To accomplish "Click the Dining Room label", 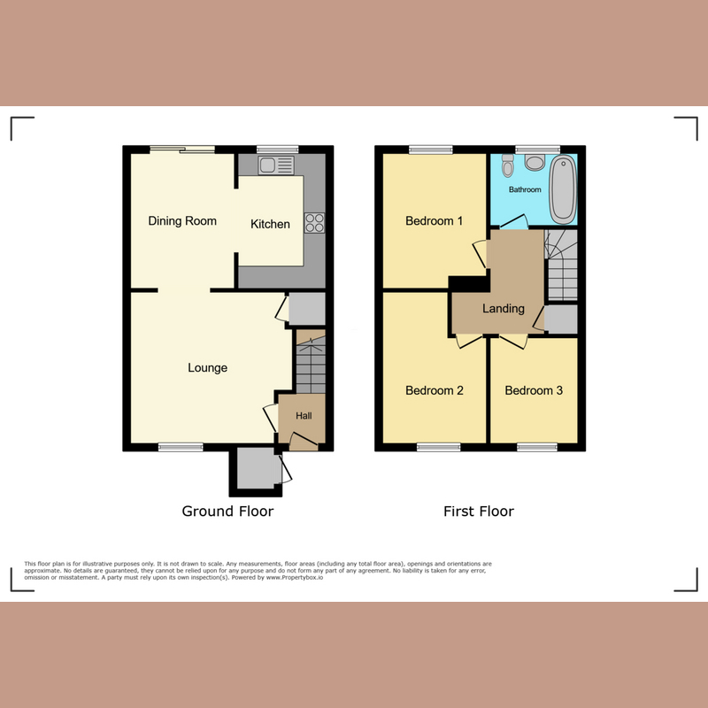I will (x=182, y=221).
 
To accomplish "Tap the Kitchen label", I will (x=270, y=225).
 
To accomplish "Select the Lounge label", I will (x=208, y=368).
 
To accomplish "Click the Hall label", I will (x=304, y=416).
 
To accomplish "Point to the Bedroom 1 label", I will (x=434, y=221).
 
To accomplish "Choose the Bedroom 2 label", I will (x=434, y=390).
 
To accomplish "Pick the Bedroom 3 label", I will (x=534, y=390).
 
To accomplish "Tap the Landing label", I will (x=504, y=309).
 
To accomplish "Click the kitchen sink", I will (x=276, y=165).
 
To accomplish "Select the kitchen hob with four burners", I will (x=314, y=223).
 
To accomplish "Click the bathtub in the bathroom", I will (x=563, y=190).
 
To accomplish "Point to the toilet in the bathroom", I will (x=508, y=165).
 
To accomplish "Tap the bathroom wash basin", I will (x=534, y=162).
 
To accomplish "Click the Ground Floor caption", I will (x=227, y=512).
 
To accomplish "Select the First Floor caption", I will (x=479, y=512).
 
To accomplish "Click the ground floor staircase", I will (x=310, y=363).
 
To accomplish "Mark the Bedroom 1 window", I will (x=430, y=148).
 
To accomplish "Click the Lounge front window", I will (x=181, y=448).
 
